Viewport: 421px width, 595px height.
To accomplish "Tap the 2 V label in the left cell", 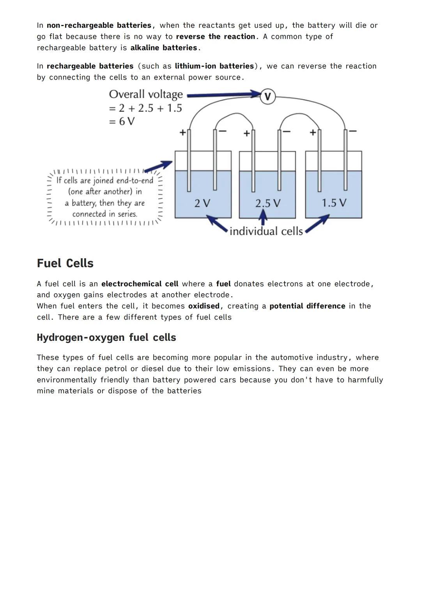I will pyautogui.click(x=202, y=203).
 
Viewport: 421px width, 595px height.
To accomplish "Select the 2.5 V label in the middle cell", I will pyautogui.click(x=267, y=203).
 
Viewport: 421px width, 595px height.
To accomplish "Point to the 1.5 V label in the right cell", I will pyautogui.click(x=334, y=203).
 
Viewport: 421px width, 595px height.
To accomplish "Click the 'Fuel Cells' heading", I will pyautogui.click(x=65, y=263).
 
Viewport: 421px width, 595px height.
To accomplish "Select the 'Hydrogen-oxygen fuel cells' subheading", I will pyautogui.click(x=106, y=337).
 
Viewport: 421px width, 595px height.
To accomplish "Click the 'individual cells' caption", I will pyautogui.click(x=266, y=231).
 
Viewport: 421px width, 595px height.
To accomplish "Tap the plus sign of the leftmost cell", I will pyautogui.click(x=182, y=133).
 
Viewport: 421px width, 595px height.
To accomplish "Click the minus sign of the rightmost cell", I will pyautogui.click(x=352, y=131).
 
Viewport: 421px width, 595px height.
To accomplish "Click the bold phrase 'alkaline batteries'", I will pyautogui.click(x=164, y=48).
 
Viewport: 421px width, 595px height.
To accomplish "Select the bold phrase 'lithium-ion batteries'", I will pyautogui.click(x=214, y=66).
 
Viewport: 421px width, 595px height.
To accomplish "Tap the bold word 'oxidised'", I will pyautogui.click(x=204, y=306).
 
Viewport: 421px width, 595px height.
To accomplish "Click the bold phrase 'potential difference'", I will pyautogui.click(x=307, y=306).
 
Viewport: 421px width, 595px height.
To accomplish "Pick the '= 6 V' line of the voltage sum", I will pyautogui.click(x=122, y=121).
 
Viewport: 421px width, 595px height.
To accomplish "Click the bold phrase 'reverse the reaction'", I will pyautogui.click(x=216, y=36).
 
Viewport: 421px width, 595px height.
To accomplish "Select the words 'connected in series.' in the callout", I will pyautogui.click(x=105, y=214).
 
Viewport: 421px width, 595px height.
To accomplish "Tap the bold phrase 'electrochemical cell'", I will pyautogui.click(x=140, y=284).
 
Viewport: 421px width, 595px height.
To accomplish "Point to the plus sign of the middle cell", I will pyautogui.click(x=246, y=133).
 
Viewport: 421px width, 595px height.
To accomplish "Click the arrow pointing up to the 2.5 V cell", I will pyautogui.click(x=264, y=217).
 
